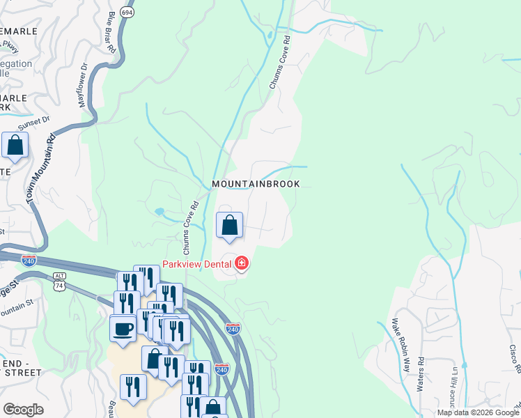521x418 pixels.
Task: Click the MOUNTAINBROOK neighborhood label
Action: tap(256, 184)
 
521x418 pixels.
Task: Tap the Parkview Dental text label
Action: tap(199, 263)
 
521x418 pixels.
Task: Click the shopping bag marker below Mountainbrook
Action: tap(230, 226)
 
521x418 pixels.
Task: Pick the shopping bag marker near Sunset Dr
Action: tap(15, 146)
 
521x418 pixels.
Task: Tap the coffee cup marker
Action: tap(123, 329)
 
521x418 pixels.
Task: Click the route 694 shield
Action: tap(127, 13)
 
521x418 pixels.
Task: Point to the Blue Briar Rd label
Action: tap(110, 31)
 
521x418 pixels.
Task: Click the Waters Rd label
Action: tap(421, 374)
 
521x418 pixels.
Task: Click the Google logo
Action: tap(24, 409)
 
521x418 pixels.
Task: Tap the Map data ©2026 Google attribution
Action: tap(478, 412)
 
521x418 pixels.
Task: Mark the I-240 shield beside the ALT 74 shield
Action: tap(29, 261)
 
